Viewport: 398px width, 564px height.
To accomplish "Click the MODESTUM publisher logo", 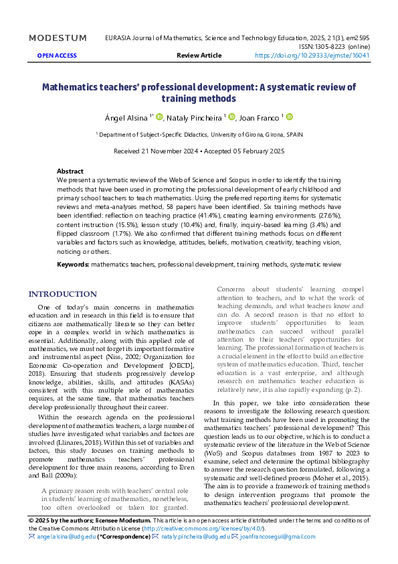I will [58, 38].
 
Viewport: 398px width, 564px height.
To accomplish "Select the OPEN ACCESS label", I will [57, 56].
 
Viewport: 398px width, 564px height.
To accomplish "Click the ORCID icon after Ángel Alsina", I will [159, 117].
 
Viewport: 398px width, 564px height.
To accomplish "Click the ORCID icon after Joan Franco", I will [290, 117].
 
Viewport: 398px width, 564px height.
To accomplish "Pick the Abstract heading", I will [70, 171].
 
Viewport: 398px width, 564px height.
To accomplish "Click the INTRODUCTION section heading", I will [62, 294].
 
